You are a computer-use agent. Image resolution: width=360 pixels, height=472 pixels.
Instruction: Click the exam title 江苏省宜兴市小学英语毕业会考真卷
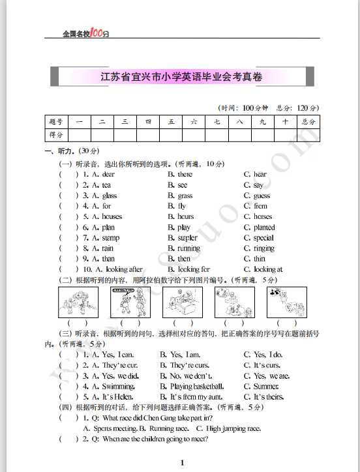[181, 77]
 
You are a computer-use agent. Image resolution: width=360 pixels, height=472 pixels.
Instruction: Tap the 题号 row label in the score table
[55, 121]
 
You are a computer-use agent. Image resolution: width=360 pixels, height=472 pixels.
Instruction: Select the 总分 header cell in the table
[308, 121]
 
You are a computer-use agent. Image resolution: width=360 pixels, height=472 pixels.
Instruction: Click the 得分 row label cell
[55, 135]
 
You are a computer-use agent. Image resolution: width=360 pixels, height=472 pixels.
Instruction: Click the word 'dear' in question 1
[108, 174]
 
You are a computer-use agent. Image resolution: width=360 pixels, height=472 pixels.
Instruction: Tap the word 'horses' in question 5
[263, 216]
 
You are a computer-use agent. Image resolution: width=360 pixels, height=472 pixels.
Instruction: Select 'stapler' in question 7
[188, 238]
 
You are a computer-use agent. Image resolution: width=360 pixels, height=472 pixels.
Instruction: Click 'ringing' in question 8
[263, 248]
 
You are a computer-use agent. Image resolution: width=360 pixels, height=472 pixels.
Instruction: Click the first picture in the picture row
[78, 302]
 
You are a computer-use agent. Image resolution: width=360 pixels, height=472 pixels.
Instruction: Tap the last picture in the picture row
[287, 302]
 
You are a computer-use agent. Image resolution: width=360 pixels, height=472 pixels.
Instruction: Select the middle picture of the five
[182, 302]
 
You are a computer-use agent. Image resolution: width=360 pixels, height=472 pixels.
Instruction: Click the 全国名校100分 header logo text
[85, 33]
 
